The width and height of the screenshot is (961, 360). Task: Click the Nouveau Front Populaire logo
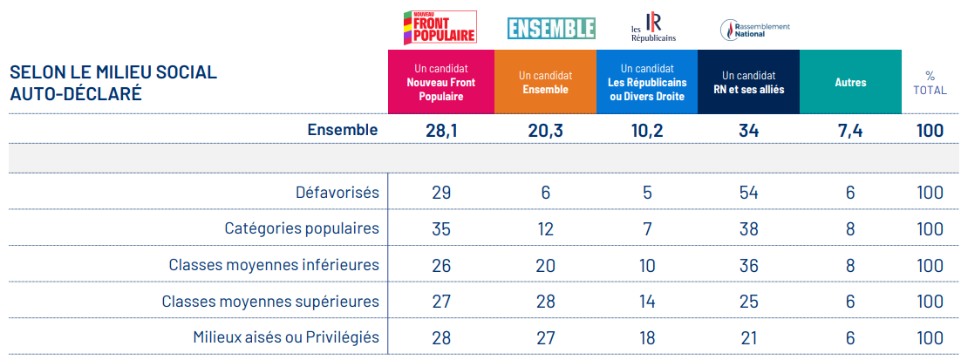coord(440,27)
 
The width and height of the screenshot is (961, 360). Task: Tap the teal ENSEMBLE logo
coord(551,28)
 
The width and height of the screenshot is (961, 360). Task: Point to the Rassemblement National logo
coord(754,29)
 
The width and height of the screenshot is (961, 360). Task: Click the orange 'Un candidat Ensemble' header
coord(545,83)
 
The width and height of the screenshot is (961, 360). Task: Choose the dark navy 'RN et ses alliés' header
coord(748,83)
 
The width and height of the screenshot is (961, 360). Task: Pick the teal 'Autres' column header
coord(850,83)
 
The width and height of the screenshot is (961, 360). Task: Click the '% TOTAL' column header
coord(930,83)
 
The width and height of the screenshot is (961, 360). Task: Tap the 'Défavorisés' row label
coord(338,193)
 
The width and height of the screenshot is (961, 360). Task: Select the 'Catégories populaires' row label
coord(302,228)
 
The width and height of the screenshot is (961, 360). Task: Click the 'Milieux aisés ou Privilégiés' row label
coord(286,337)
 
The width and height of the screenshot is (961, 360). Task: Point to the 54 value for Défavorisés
coord(748,193)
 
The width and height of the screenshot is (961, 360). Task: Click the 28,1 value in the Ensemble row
coord(440,131)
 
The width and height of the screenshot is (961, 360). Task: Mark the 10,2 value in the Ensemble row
coord(646,131)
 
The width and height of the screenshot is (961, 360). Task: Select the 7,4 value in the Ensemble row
coord(850,131)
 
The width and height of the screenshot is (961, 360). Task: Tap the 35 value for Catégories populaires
coord(440,228)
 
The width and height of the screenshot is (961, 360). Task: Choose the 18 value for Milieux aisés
coord(646,337)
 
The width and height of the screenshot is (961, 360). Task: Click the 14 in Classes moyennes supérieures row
coord(646,302)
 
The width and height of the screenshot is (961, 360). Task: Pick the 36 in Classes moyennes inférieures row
coord(748,265)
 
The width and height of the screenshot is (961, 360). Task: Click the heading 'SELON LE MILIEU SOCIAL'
coord(113,72)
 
